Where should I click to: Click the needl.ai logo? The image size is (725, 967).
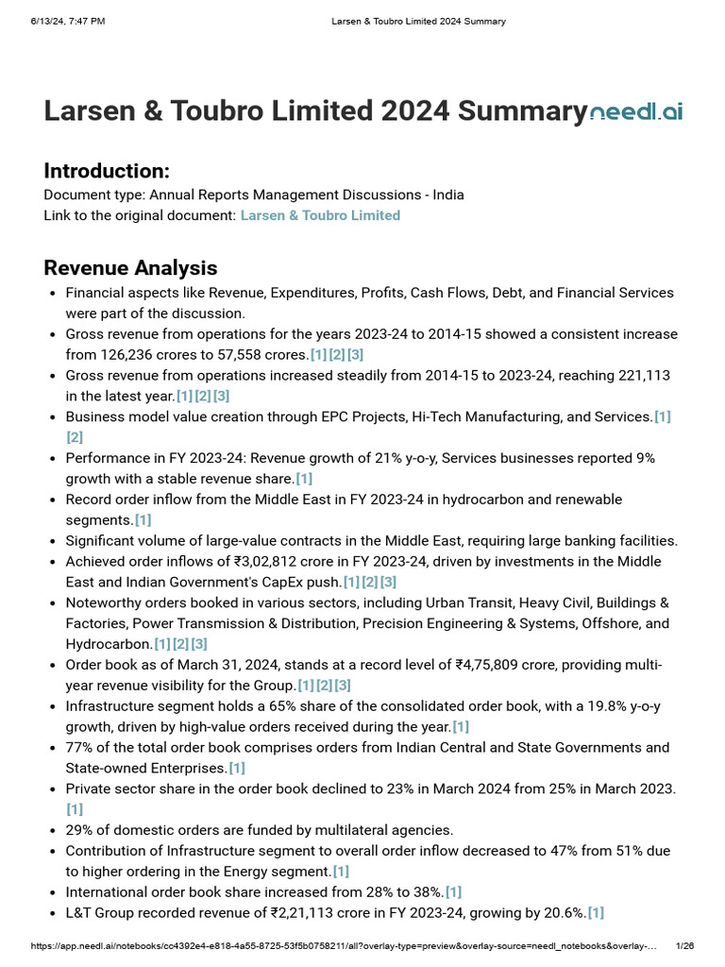[x=635, y=112]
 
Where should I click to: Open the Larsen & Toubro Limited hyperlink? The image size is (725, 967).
[x=320, y=215]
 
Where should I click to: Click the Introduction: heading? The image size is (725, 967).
[x=107, y=171]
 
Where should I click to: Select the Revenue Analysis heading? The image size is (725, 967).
[x=130, y=267]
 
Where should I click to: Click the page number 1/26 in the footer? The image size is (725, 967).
[x=685, y=945]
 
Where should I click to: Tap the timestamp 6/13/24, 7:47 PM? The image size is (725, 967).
[x=67, y=21]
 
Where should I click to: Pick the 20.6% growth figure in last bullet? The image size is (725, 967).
[x=564, y=912]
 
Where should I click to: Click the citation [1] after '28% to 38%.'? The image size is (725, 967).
[x=453, y=891]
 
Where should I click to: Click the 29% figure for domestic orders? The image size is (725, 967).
[x=79, y=830]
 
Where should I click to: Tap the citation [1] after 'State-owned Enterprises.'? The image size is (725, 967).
[x=236, y=768]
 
